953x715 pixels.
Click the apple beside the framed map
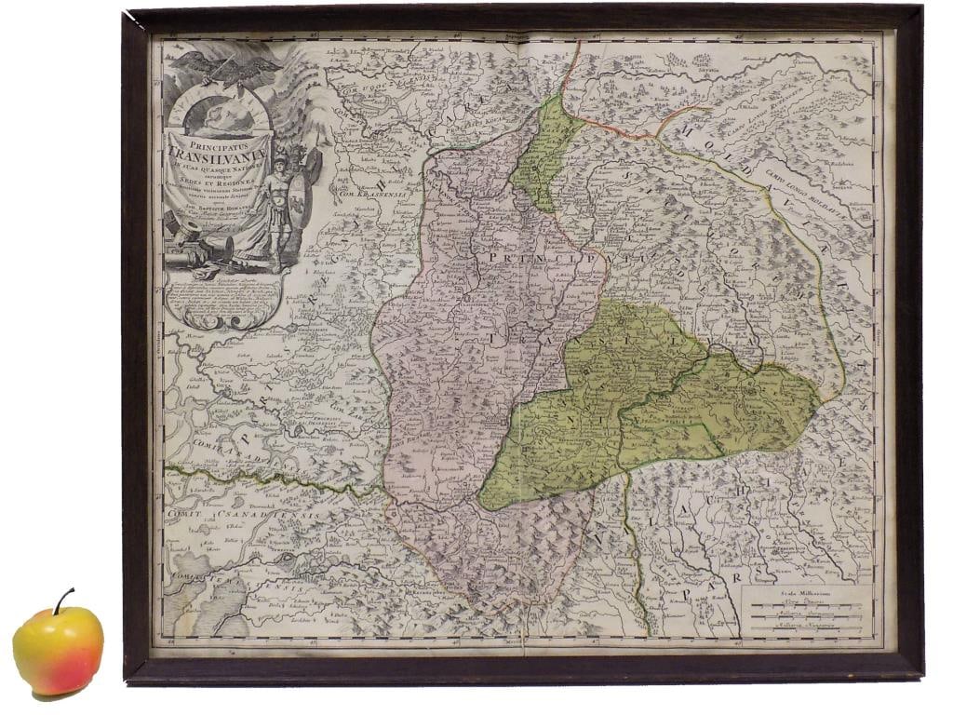(58, 649)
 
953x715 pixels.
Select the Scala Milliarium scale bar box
(807, 611)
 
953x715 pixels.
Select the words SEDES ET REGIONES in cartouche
(215, 183)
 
